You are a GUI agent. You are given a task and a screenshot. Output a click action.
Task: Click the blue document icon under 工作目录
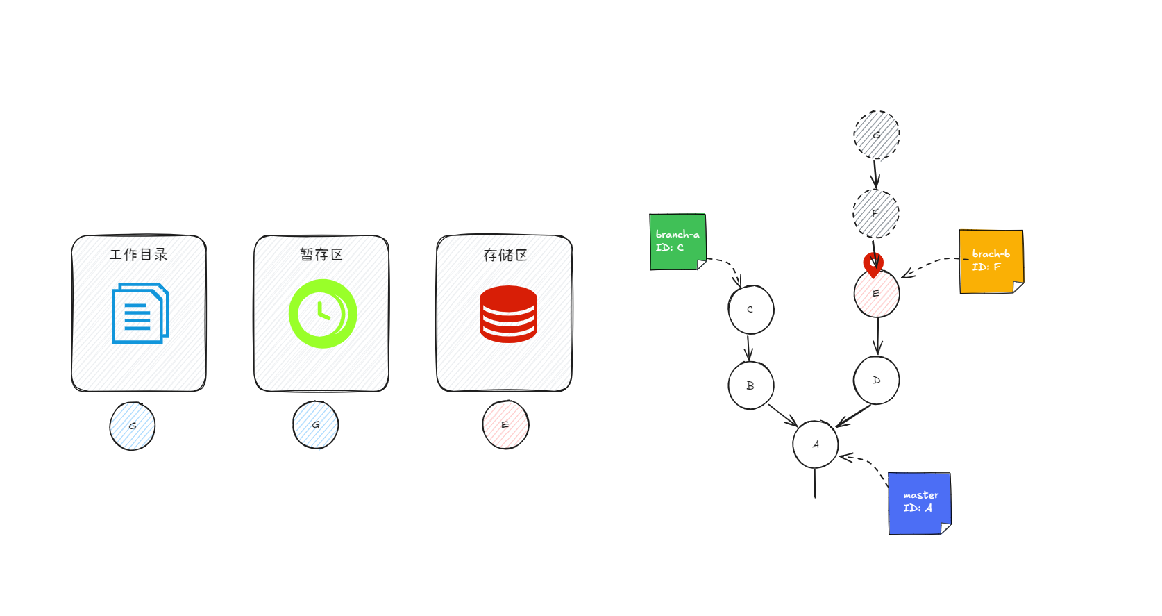(x=140, y=313)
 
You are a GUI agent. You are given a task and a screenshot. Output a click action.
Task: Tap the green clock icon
(x=323, y=313)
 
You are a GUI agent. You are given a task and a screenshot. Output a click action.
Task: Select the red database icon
(x=508, y=314)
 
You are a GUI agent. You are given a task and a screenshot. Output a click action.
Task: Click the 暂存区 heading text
(x=321, y=255)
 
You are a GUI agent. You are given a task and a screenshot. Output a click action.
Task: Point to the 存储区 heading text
(x=505, y=256)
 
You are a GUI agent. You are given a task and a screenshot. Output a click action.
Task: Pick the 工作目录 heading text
(x=139, y=255)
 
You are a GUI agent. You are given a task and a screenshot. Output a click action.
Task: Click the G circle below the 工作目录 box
(x=133, y=426)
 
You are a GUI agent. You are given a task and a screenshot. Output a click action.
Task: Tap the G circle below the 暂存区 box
(x=316, y=425)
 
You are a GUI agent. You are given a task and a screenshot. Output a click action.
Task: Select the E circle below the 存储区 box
(x=505, y=425)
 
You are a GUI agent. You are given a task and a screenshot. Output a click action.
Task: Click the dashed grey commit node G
(x=877, y=135)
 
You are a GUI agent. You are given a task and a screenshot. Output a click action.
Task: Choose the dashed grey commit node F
(x=876, y=213)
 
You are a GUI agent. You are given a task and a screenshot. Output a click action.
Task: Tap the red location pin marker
(x=873, y=264)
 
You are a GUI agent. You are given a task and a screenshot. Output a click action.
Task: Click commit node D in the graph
(x=877, y=381)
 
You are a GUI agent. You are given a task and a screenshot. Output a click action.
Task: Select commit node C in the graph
(x=750, y=310)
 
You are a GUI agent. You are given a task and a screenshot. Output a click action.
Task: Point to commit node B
(x=750, y=385)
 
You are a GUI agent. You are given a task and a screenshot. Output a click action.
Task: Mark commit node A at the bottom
(x=816, y=444)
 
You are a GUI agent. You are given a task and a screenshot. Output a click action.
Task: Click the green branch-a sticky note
(x=677, y=242)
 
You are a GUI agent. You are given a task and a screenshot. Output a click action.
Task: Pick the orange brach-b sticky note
(x=991, y=261)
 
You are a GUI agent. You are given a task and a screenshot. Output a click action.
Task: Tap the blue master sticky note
(x=920, y=503)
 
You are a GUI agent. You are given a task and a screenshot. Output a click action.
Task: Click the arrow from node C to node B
(x=748, y=347)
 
